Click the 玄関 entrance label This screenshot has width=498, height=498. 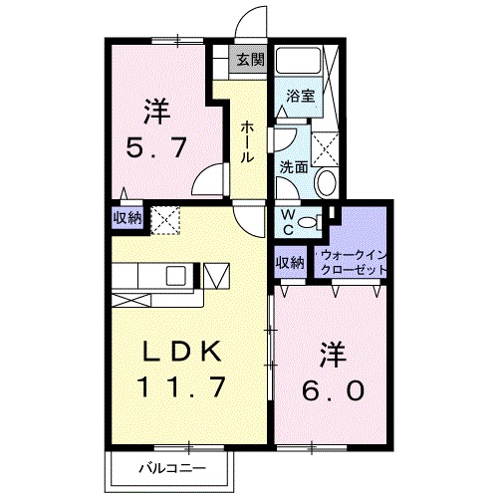(250, 59)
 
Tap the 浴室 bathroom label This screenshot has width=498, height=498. (301, 97)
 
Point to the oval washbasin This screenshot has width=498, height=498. (326, 184)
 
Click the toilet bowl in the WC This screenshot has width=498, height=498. (309, 222)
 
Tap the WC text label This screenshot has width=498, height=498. (285, 221)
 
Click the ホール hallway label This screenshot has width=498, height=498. (245, 144)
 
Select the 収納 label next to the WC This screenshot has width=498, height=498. (290, 262)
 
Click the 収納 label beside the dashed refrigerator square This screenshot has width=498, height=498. (126, 216)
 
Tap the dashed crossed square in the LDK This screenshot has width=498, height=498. (164, 218)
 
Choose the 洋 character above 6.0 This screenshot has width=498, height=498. (333, 354)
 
